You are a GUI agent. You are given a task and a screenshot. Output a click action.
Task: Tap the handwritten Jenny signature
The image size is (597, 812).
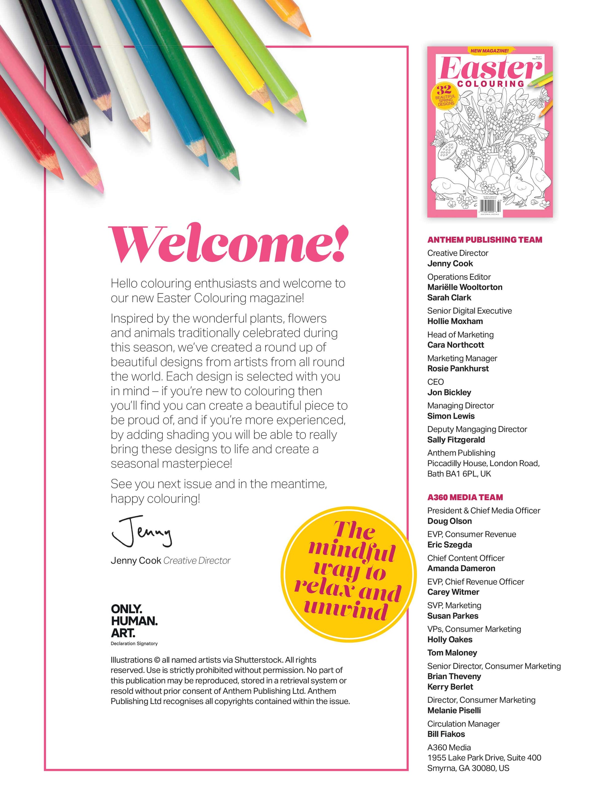[142, 532]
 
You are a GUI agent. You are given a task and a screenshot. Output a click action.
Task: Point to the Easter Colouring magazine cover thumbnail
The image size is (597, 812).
[490, 132]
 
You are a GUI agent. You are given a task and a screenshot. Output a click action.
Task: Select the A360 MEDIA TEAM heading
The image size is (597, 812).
[465, 497]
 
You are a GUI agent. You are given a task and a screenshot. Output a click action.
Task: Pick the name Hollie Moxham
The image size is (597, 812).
[455, 321]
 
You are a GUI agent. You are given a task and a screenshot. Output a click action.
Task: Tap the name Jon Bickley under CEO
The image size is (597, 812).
[449, 392]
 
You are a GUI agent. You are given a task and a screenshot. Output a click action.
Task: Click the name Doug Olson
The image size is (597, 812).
[449, 521]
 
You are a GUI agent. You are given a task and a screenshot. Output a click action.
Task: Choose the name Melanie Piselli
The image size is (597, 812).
[454, 710]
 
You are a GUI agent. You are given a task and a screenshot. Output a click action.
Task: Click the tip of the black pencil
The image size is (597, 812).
[87, 143]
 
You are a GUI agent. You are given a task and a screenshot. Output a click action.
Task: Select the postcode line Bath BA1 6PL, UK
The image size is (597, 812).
[459, 474]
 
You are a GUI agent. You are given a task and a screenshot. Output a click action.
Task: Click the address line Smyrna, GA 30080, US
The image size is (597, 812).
[468, 768]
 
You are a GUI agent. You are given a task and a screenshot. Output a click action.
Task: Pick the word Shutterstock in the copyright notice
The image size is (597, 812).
[258, 660]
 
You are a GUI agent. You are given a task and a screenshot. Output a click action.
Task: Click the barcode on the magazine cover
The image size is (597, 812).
[490, 207]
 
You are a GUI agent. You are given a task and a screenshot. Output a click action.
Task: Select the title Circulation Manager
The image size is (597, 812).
[463, 724]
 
